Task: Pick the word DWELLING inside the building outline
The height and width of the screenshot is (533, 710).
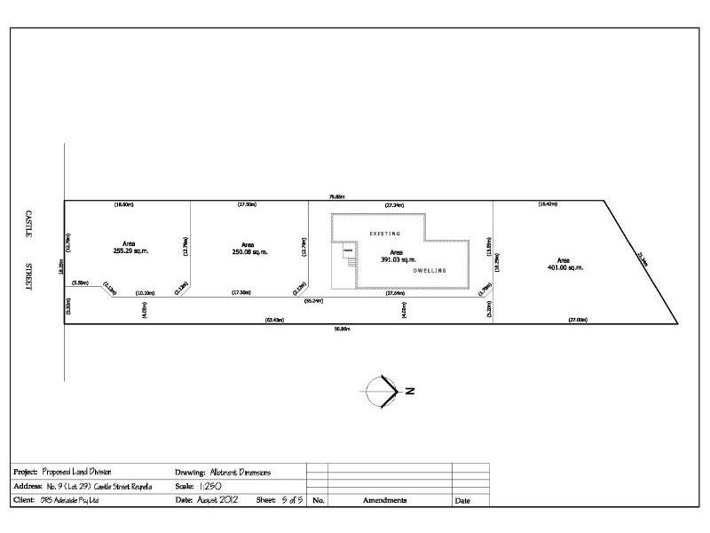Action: pyautogui.click(x=427, y=270)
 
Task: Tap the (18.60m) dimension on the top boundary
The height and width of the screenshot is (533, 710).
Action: pyautogui.click(x=123, y=205)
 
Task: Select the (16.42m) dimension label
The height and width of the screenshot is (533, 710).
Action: pyautogui.click(x=548, y=205)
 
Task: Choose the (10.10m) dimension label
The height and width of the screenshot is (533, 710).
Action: pyautogui.click(x=145, y=292)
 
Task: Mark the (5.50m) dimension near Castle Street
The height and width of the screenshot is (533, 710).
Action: pyautogui.click(x=81, y=282)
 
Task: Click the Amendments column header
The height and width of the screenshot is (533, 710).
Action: pyautogui.click(x=385, y=501)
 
